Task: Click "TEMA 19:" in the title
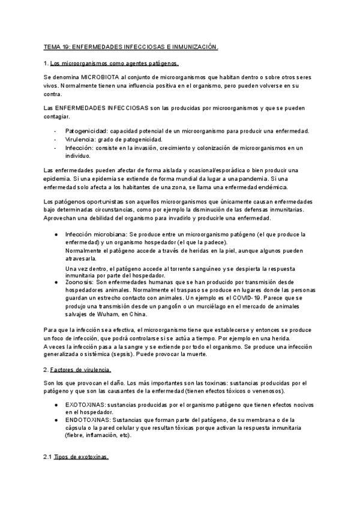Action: [x=57, y=47]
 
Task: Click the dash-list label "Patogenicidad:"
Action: [x=87, y=131]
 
